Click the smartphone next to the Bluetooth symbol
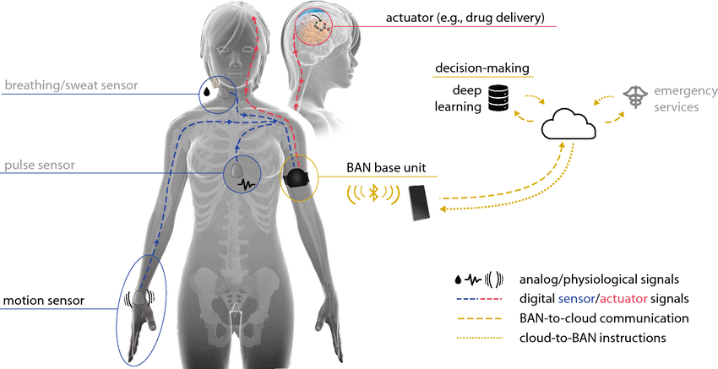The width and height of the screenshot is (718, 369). click(x=420, y=203)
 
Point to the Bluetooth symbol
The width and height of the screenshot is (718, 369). click(x=373, y=193)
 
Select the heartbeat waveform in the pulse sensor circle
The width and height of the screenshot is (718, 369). click(x=246, y=184)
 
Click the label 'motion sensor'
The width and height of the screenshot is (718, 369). click(x=44, y=301)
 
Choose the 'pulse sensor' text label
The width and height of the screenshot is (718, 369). click(x=40, y=166)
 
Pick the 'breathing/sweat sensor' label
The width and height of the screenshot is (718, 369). click(x=72, y=85)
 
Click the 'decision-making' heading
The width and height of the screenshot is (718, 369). click(x=482, y=68)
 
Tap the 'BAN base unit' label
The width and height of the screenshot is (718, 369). click(x=386, y=167)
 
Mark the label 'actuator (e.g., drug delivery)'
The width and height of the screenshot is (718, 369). click(x=465, y=19)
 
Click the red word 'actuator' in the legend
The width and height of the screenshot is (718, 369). click(x=623, y=299)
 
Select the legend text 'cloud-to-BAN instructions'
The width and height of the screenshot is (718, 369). click(x=592, y=339)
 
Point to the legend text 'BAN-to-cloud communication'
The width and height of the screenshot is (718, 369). click(x=604, y=318)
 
